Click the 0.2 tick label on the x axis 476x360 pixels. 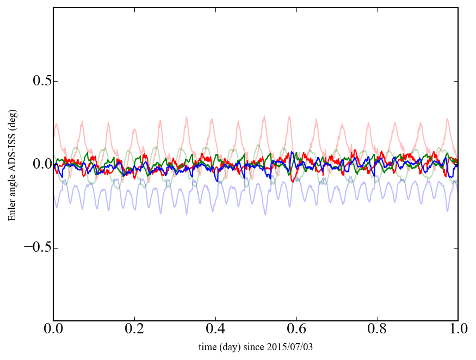(134, 330)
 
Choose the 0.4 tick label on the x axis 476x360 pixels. (215, 330)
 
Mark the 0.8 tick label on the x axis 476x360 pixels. (377, 330)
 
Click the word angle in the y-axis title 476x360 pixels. (12, 190)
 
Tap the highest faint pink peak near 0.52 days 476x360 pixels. (264, 116)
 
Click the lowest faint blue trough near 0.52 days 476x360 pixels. (265, 214)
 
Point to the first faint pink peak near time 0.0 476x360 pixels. (57, 123)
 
